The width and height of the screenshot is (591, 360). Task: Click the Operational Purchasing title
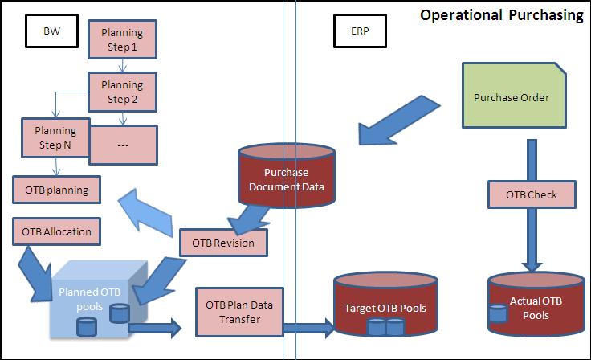[502, 15]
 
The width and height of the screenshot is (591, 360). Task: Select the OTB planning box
[57, 190]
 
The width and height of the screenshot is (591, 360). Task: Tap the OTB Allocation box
[57, 232]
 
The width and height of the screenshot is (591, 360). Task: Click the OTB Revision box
[223, 242]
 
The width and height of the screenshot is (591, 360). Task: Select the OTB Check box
[532, 195]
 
